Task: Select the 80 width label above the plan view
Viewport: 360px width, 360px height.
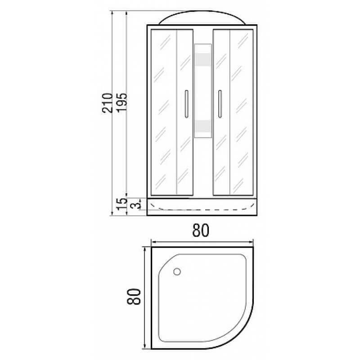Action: tap(201, 231)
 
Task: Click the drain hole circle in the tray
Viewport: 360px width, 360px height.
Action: tap(177, 271)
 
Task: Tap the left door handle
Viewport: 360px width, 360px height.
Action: tap(185, 104)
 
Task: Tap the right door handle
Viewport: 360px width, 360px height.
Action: tap(220, 104)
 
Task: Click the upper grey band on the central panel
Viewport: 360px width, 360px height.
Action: tap(202, 60)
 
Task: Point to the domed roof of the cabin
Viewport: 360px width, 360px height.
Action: tap(202, 19)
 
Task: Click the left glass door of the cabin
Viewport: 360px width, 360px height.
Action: tap(171, 112)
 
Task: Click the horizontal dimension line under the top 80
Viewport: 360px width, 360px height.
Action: tap(202, 241)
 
